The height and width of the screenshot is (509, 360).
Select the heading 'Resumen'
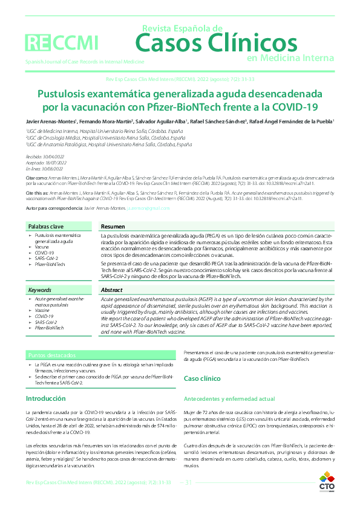tap(114, 226)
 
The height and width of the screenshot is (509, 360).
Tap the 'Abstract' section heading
tap(113, 290)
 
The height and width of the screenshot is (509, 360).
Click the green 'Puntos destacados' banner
tap(54, 355)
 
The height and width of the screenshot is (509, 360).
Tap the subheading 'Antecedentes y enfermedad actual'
tap(229, 399)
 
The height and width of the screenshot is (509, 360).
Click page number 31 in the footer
tap(188, 482)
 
